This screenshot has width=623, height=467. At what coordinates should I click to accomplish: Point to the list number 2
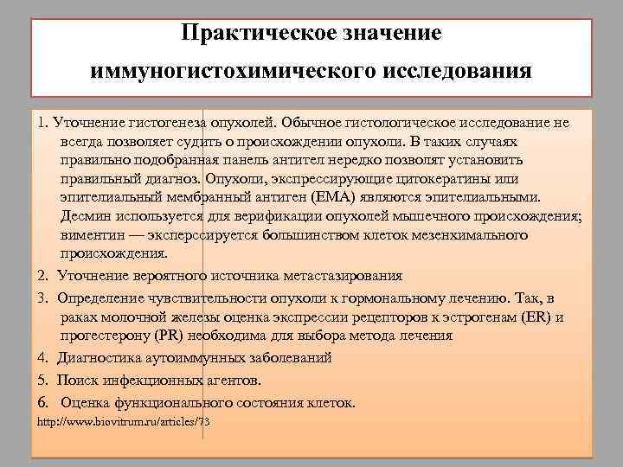click(42, 276)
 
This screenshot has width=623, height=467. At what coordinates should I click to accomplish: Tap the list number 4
click(42, 357)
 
